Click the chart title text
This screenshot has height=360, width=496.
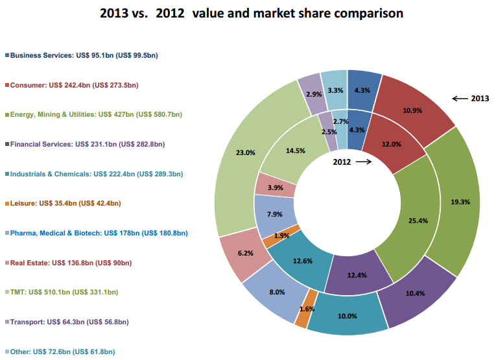pyautogui.click(x=251, y=12)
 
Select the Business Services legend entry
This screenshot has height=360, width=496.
pyautogui.click(x=84, y=55)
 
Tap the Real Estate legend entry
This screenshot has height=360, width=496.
pyautogui.click(x=71, y=263)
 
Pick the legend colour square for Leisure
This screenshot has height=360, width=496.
pyautogui.click(x=6, y=203)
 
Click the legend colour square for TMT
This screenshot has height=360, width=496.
pyautogui.click(x=6, y=292)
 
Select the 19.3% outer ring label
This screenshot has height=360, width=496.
pyautogui.click(x=460, y=202)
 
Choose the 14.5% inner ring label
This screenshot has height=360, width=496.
pyautogui.click(x=295, y=151)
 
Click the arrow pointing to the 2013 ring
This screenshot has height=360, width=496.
pyautogui.click(x=460, y=99)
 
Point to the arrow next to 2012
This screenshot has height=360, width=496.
pyautogui.click(x=364, y=162)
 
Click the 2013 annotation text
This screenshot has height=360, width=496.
pyautogui.click(x=480, y=99)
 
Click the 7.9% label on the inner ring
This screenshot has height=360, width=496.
pyautogui.click(x=275, y=214)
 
